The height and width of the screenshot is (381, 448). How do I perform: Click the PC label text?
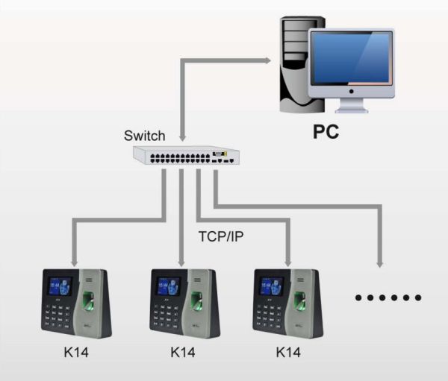point(326,133)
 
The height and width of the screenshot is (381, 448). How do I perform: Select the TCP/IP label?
point(222,238)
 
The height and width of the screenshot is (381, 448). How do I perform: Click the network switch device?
point(186,156)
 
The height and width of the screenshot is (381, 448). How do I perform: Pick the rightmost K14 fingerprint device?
point(290,301)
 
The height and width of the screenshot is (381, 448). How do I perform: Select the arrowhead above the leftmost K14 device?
point(74,262)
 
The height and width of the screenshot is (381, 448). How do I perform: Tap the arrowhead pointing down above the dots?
point(380,262)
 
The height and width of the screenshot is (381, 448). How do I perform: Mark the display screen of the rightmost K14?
point(271,288)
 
